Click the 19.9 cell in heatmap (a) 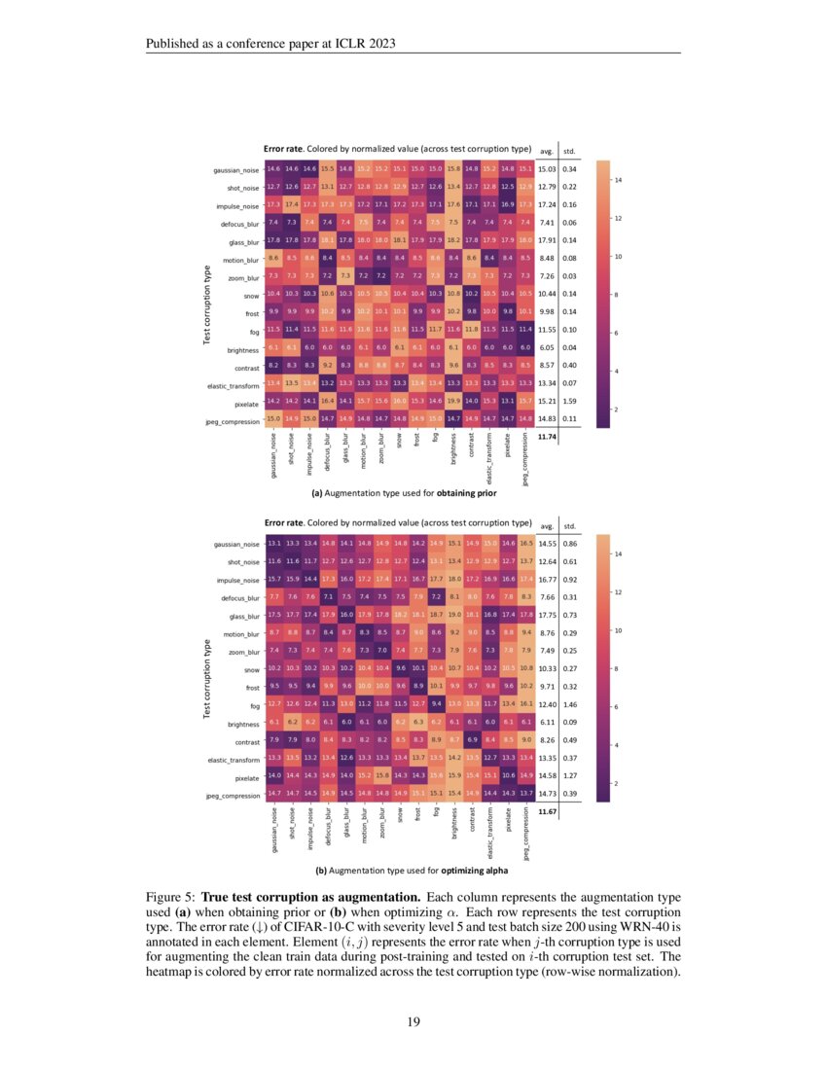tap(452, 400)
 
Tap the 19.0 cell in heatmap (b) tap(452, 615)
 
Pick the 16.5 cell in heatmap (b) tap(526, 542)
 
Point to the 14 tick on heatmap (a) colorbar tap(617, 181)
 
